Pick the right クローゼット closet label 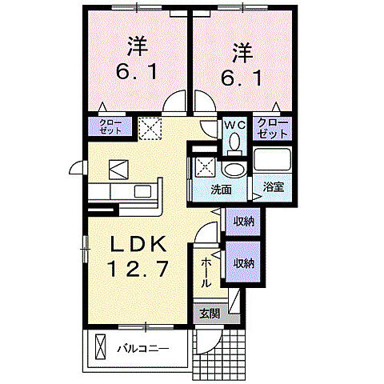coord(274,127)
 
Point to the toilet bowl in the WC coord(234,143)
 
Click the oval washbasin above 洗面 coord(234,169)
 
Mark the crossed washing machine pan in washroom coord(204,168)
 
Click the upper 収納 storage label coord(244,220)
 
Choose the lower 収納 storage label coord(244,262)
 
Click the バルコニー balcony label coord(142,349)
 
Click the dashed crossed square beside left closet coord(149,127)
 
